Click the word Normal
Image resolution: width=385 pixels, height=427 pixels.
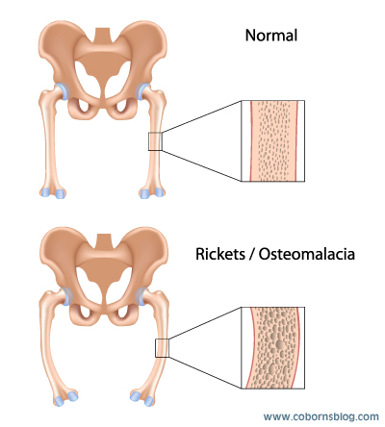271,36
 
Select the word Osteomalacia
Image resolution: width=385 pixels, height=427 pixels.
307,254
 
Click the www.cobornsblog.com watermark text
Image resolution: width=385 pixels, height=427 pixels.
321,416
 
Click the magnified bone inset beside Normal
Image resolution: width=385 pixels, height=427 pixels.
272,140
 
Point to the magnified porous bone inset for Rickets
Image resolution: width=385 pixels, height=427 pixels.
272,348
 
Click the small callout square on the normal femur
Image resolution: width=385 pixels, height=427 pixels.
155,141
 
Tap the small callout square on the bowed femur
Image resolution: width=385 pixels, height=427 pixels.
162,348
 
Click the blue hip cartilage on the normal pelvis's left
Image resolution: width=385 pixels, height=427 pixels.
63,91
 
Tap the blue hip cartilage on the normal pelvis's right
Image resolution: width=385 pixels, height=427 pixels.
142,91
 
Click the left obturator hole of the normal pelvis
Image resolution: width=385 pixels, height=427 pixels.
84,107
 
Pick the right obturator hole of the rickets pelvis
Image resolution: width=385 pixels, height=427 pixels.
123,313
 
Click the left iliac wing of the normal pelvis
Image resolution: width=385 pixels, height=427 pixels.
60,51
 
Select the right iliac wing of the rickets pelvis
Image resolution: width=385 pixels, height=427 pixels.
147,257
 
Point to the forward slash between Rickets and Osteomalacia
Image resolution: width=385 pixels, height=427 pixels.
250,254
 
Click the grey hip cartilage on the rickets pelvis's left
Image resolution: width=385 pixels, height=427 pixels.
65,296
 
